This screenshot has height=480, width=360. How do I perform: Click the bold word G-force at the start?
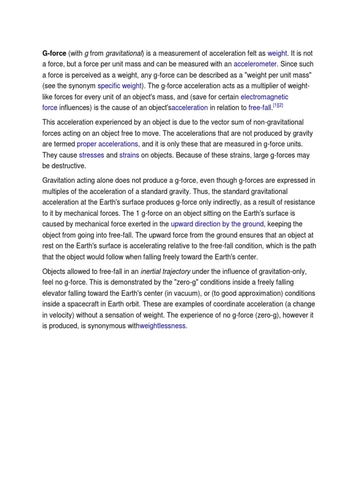pyautogui.click(x=54, y=53)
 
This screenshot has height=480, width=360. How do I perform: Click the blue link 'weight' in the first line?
pyautogui.click(x=277, y=53)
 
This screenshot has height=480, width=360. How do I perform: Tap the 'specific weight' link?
pyautogui.click(x=119, y=86)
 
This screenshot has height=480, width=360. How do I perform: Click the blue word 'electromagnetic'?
pyautogui.click(x=264, y=97)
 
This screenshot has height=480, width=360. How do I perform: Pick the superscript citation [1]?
pyautogui.click(x=275, y=105)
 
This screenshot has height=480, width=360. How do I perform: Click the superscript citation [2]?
pyautogui.click(x=280, y=105)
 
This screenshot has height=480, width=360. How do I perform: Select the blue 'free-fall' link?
pyautogui.click(x=260, y=108)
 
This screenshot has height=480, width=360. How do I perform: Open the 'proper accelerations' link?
pyautogui.click(x=107, y=144)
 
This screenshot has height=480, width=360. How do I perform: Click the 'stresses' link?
pyautogui.click(x=91, y=155)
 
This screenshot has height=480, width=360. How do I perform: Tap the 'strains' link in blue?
pyautogui.click(x=129, y=155)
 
